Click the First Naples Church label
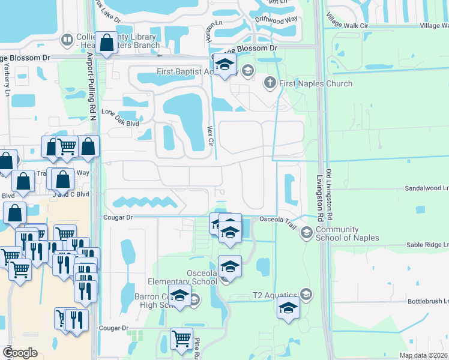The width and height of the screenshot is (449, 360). tap(316, 83)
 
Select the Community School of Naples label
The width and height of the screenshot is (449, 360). tap(347, 233)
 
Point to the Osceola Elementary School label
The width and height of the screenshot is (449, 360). tap(183, 278)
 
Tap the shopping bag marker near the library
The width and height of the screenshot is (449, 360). tap(107, 44)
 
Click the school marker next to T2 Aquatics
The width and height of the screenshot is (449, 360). tap(289, 309)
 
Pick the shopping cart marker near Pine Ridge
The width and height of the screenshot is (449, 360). tap(181, 339)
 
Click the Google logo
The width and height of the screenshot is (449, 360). tap(20, 353)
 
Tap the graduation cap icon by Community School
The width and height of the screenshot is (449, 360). tap(306, 233)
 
